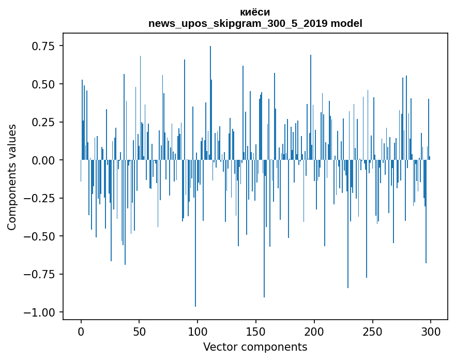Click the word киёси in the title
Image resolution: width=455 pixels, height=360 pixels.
255,12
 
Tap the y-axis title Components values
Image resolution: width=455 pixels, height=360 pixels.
12,177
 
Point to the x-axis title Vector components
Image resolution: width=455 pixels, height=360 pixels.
255,347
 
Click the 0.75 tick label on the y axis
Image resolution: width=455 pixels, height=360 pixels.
43,46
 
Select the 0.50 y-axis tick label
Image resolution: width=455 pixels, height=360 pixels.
43,84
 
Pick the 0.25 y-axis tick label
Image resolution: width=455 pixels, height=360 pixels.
43,122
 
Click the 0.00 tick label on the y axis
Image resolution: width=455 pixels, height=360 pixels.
43,160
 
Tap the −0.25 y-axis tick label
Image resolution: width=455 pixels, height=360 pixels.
40,198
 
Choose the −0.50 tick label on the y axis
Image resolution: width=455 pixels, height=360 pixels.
40,236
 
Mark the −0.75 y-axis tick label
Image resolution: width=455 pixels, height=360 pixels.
40,274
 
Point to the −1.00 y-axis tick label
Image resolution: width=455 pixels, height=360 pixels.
40,312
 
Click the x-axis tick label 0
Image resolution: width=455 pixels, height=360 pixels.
81,332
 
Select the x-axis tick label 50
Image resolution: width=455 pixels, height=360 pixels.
139,332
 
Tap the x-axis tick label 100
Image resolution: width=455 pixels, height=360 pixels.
198,332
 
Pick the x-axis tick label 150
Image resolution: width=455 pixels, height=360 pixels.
256,332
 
